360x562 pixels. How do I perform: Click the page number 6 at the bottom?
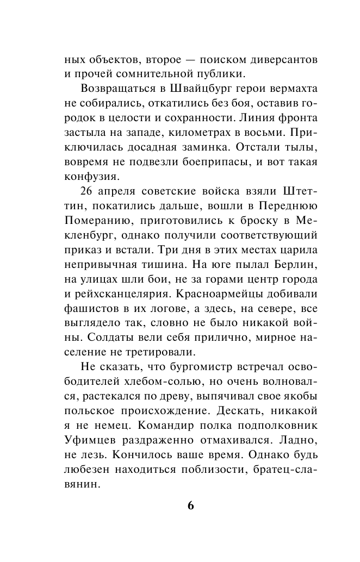pos(190,505)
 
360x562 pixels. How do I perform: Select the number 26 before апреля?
pos(88,192)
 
